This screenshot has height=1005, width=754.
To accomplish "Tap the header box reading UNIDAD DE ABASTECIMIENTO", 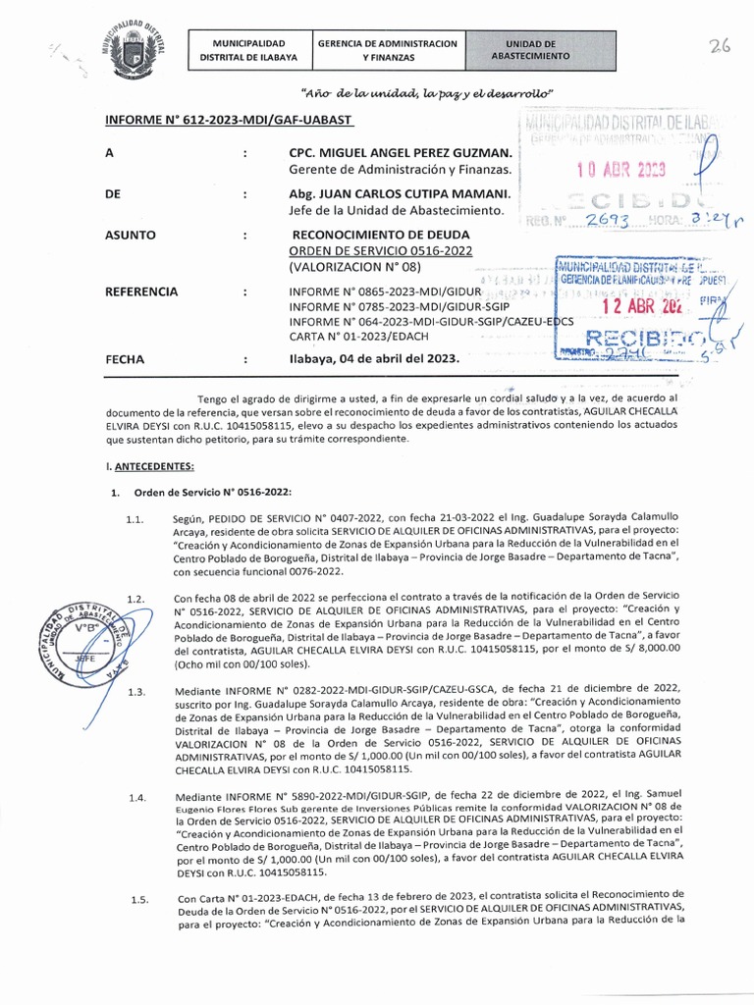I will (530, 51).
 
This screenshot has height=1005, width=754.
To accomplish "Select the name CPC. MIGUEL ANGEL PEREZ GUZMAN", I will (400, 154).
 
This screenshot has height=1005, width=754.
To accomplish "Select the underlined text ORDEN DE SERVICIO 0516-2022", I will (380, 250).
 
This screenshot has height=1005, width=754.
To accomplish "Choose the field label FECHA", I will (125, 359).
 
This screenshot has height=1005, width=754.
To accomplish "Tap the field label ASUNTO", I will (131, 236).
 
